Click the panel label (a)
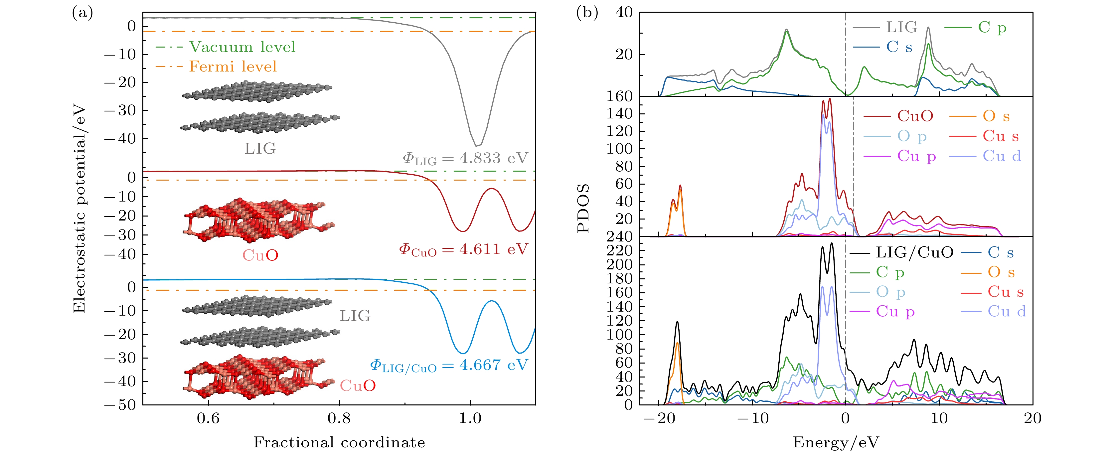click(x=82, y=13)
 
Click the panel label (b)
click(x=587, y=13)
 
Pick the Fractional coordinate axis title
click(x=339, y=442)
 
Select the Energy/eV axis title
click(x=836, y=442)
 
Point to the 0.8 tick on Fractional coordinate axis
click(x=339, y=418)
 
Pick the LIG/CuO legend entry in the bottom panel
click(x=914, y=253)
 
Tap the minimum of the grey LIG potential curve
click(x=477, y=146)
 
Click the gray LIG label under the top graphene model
click(x=260, y=149)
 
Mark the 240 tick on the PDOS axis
click(x=620, y=236)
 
